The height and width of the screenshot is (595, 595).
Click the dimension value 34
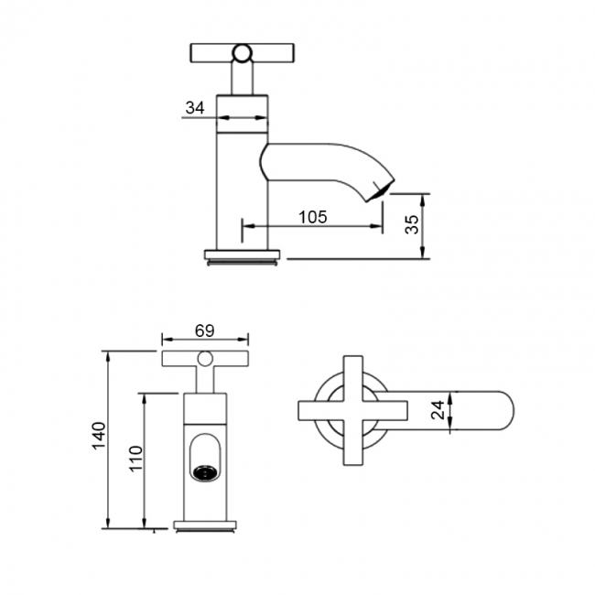pyautogui.click(x=195, y=108)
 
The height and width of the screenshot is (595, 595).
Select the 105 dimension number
pyautogui.click(x=313, y=217)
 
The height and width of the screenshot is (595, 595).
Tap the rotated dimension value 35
pyautogui.click(x=412, y=225)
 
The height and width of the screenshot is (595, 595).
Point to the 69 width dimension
pyautogui.click(x=205, y=330)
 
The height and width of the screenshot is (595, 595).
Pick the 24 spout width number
pyautogui.click(x=438, y=409)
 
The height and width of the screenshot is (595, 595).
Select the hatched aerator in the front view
pyautogui.click(x=205, y=473)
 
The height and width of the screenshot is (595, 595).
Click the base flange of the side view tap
pyautogui.click(x=243, y=255)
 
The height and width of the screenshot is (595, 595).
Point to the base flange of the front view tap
pyautogui.click(x=205, y=525)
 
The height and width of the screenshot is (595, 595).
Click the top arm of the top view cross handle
pyautogui.click(x=352, y=371)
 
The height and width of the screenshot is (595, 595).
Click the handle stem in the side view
pyautogui.click(x=243, y=78)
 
